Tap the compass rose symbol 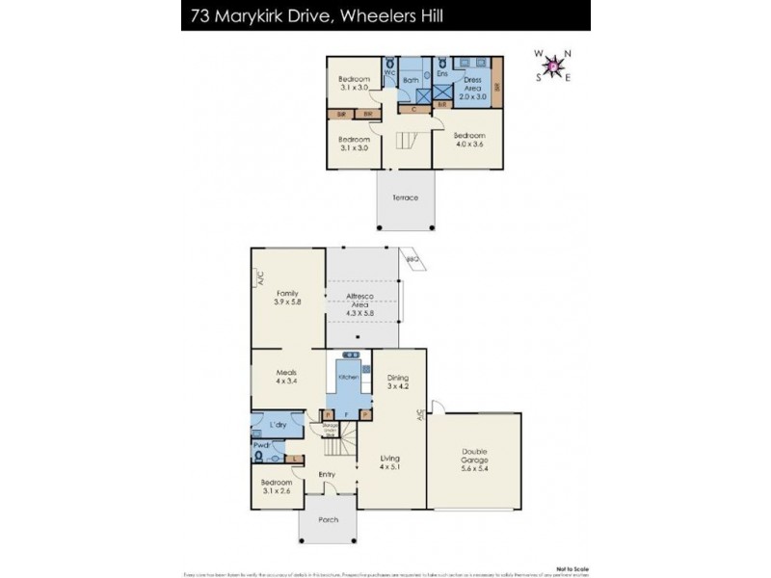click(554, 66)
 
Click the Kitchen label click(348, 377)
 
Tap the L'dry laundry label click(279, 425)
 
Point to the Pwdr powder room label click(261, 445)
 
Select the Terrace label click(405, 197)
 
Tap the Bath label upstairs click(410, 81)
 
